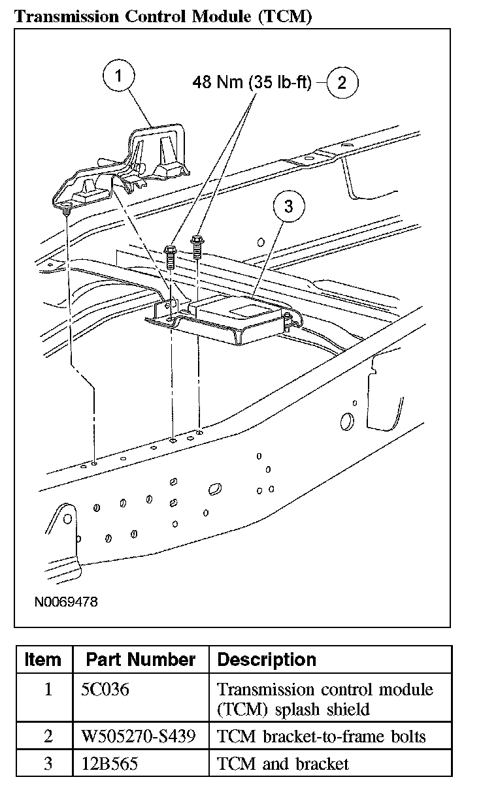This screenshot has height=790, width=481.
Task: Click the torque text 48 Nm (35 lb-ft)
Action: [x=252, y=82]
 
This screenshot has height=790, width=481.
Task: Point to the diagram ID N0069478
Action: [x=66, y=601]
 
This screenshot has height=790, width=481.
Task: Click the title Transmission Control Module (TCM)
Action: [x=162, y=16]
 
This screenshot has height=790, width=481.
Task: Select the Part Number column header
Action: [x=141, y=659]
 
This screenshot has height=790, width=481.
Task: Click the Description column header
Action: [x=266, y=659]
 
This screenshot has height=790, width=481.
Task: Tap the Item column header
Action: [x=43, y=659]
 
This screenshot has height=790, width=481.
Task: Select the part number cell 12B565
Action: [x=109, y=763]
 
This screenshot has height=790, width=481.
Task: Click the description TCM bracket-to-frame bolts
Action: [x=321, y=736]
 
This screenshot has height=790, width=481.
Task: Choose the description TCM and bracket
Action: [x=282, y=763]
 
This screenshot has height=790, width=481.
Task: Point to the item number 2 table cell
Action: [x=48, y=736]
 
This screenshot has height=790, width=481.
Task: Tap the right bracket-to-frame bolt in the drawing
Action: [x=197, y=248]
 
